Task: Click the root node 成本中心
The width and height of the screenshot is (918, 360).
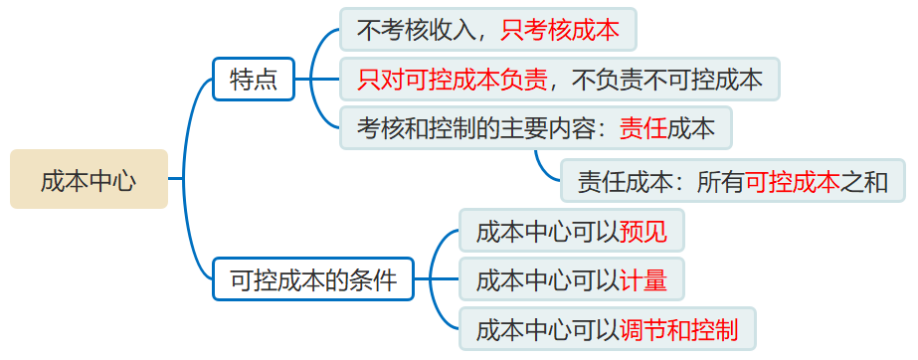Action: (89, 179)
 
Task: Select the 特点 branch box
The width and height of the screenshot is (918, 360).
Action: (254, 80)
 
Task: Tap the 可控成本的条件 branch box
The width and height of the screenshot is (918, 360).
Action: (312, 278)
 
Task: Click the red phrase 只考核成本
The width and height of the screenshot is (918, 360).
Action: (560, 31)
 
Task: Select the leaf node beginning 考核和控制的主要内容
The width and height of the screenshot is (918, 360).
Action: (535, 128)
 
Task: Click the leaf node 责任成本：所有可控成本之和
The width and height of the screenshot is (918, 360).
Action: (732, 182)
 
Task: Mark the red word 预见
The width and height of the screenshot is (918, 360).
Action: (643, 232)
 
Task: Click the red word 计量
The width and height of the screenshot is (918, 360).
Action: (643, 280)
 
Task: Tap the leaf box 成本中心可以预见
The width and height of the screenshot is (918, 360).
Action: (571, 232)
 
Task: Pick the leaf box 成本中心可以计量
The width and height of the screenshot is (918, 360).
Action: (571, 280)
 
